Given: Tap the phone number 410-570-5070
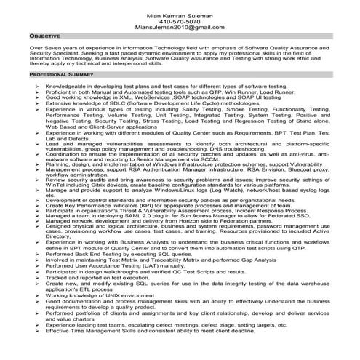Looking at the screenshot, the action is click(x=180, y=22).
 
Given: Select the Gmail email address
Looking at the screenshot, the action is click(x=180, y=29).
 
